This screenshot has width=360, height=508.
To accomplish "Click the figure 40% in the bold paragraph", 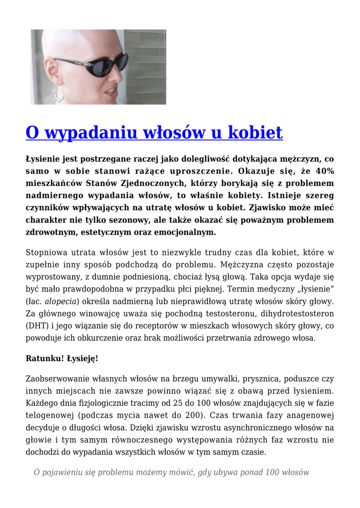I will pyautogui.click(x=324, y=171).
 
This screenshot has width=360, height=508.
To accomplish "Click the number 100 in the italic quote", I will pyautogui.click(x=273, y=472).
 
